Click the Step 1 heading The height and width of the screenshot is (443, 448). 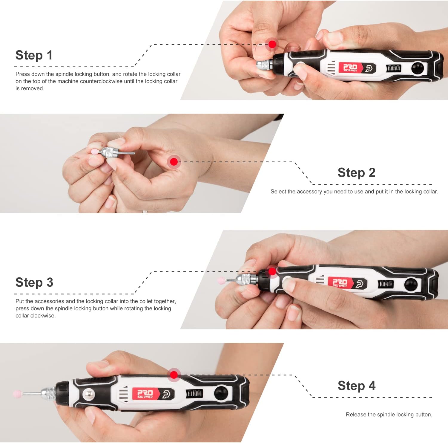tap(34, 55)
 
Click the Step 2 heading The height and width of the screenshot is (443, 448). tap(356, 172)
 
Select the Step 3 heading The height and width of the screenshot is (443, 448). tap(34, 282)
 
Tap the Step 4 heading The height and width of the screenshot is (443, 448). tap(356, 386)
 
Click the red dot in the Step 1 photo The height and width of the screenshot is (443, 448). tap(272, 44)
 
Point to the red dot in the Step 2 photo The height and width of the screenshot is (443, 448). tap(174, 162)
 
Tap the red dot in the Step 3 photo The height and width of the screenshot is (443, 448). tap(272, 271)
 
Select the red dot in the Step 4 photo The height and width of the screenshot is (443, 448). tap(174, 375)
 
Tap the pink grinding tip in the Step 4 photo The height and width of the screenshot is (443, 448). tap(18, 394)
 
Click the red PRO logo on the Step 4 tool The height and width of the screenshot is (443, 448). tap(145, 394)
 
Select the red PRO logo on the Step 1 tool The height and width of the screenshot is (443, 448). tap(350, 68)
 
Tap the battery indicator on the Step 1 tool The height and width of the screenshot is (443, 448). tap(394, 68)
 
